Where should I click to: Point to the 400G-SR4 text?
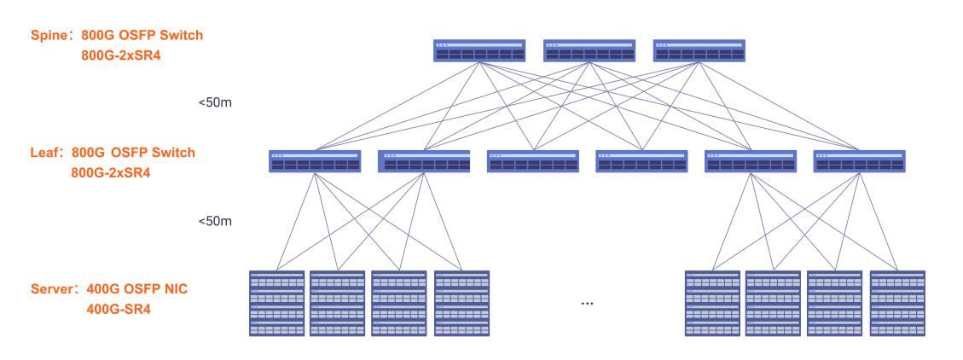pos(119,308)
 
